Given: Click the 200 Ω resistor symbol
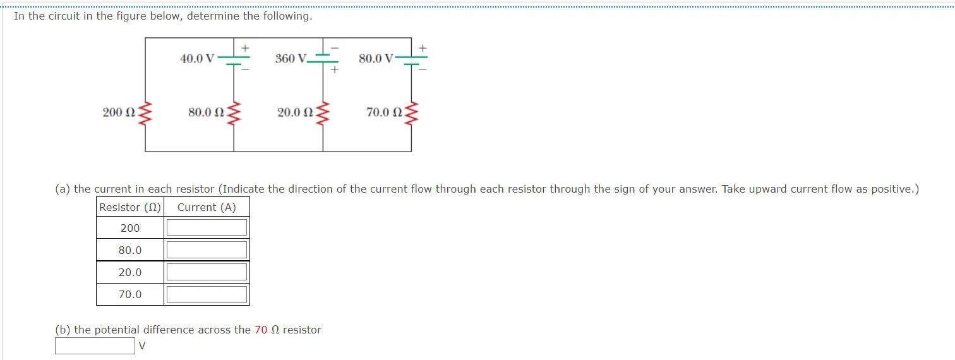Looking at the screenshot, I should (146, 112).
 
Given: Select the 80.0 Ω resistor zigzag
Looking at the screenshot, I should (234, 112).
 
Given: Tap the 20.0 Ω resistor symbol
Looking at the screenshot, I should (323, 112).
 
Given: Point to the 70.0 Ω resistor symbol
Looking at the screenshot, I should (412, 112).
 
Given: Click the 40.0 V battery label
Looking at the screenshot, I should (197, 59).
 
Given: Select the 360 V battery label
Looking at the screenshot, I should (291, 59).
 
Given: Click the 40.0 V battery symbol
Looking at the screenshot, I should (234, 59).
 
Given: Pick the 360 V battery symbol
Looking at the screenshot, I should (323, 58).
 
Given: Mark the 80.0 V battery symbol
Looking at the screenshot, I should (412, 59).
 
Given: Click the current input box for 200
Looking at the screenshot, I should (207, 228).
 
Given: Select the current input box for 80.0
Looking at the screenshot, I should (207, 250).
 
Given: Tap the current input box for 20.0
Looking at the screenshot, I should (207, 272).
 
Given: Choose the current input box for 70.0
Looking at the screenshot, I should (207, 294).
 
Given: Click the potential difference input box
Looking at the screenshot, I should (95, 345).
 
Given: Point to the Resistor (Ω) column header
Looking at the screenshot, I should (130, 207).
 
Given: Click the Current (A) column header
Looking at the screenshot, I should (207, 207).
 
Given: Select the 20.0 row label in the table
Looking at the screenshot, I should (130, 272).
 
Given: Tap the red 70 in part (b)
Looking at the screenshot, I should (261, 330).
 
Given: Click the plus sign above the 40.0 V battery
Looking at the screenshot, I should (246, 47).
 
